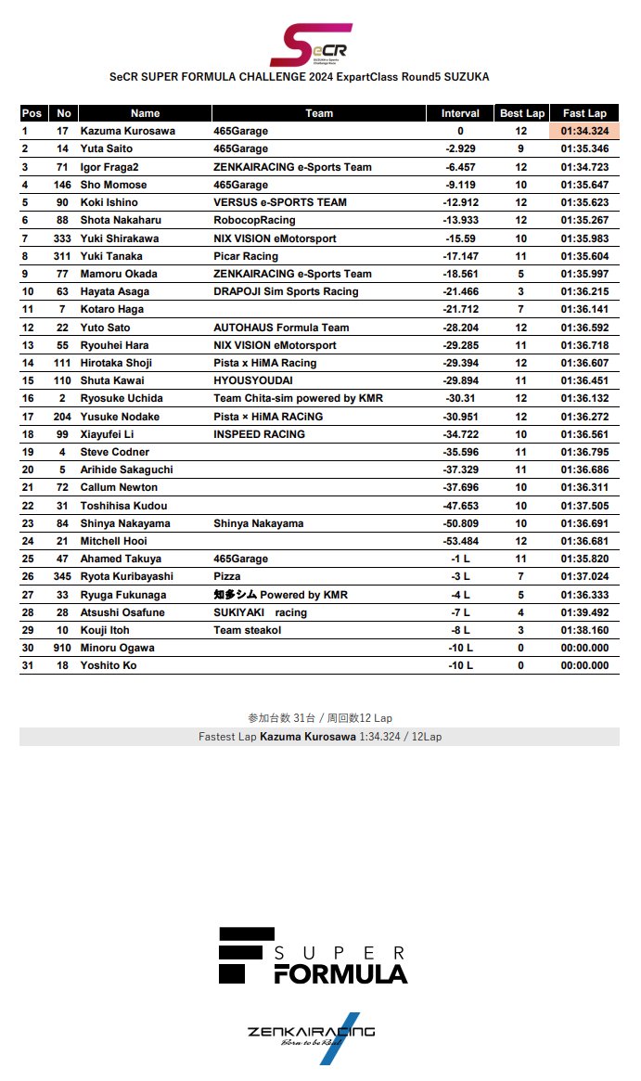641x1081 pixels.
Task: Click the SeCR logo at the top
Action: point(317,44)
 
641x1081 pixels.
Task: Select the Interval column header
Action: point(460,113)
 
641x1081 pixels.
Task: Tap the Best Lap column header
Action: point(522,113)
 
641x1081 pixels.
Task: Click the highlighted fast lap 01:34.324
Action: point(584,131)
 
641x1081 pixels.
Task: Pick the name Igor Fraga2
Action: point(109,167)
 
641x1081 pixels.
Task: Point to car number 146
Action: point(62,185)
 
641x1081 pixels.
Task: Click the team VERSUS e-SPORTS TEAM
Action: point(280,202)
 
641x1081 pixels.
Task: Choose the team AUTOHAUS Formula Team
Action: point(281,328)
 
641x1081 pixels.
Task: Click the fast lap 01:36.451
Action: point(584,380)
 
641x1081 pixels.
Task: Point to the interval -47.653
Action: point(460,506)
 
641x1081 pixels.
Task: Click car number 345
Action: point(62,576)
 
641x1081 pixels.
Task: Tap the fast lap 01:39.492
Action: point(584,612)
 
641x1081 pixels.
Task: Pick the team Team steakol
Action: point(248,630)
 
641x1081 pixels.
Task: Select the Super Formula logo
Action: point(313,955)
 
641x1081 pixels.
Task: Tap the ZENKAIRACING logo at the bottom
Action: point(312,1035)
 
